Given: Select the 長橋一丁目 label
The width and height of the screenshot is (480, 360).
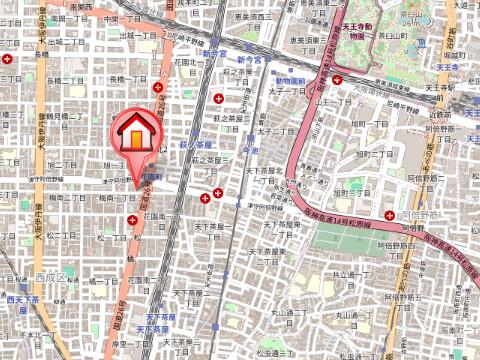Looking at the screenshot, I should tap(126, 78).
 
